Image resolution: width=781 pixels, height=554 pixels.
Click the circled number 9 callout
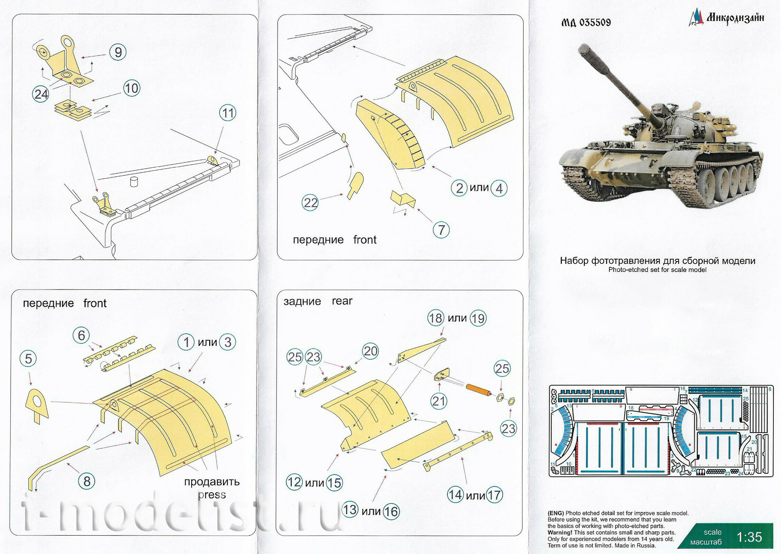118,52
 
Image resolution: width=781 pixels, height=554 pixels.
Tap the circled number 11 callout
227,113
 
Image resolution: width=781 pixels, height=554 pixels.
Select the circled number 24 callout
41,94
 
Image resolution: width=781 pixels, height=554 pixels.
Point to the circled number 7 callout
441,230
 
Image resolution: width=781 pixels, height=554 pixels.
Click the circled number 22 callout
310,203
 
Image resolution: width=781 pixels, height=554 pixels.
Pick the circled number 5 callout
28,359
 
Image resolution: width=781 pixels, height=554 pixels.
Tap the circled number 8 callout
87,481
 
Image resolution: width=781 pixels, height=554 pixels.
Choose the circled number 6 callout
81,335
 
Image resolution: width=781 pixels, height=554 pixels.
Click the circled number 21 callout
439,401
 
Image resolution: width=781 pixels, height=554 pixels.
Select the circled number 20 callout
371,351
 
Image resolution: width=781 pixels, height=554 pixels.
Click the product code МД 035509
586,22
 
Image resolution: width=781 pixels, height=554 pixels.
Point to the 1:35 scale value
749,537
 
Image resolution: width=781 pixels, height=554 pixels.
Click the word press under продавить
212,495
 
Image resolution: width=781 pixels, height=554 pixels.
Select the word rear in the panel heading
342,301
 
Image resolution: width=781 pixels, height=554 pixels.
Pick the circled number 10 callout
131,89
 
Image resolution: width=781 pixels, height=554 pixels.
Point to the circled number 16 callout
391,511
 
